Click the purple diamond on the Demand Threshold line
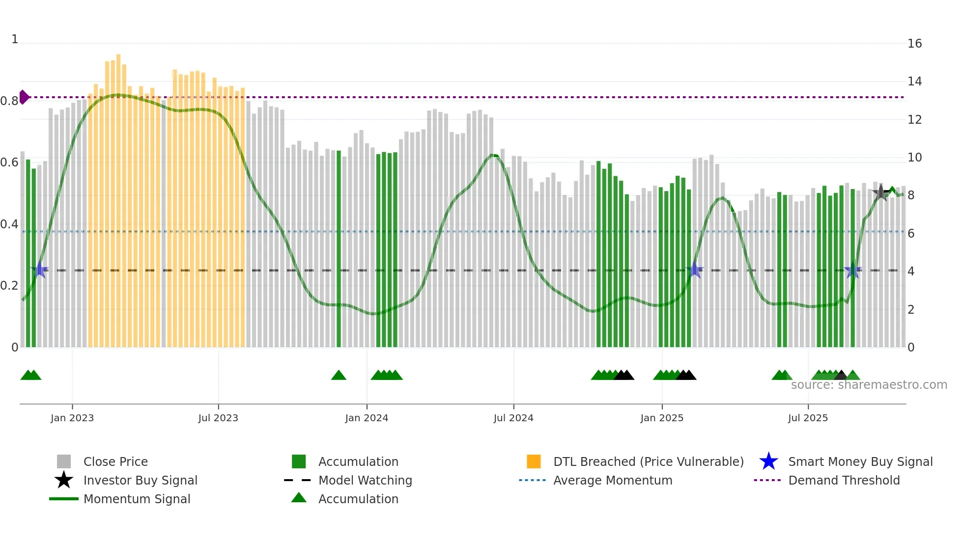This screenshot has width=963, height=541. pyautogui.click(x=24, y=97)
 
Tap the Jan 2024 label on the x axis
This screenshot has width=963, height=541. pyautogui.click(x=367, y=418)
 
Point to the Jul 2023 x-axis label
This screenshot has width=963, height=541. pyautogui.click(x=218, y=418)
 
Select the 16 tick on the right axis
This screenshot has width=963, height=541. pyautogui.click(x=914, y=44)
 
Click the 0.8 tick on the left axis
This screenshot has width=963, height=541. pyautogui.click(x=9, y=101)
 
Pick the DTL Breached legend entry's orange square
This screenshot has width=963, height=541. pyautogui.click(x=534, y=462)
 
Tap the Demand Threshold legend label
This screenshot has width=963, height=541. pyautogui.click(x=844, y=481)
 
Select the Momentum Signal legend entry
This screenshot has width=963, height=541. pyautogui.click(x=137, y=499)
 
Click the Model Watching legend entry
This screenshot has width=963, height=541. pyautogui.click(x=365, y=481)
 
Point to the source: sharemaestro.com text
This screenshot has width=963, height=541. pyautogui.click(x=869, y=385)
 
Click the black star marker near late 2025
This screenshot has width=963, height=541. pyautogui.click(x=880, y=193)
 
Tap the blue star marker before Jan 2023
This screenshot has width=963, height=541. pyautogui.click(x=40, y=270)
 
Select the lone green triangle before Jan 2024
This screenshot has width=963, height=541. pyautogui.click(x=339, y=376)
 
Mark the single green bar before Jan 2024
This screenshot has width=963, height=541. pyautogui.click(x=339, y=248)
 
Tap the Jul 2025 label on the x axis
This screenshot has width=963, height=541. pyautogui.click(x=808, y=418)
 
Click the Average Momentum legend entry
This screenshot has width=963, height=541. pyautogui.click(x=612, y=481)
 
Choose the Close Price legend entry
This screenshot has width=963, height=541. pyautogui.click(x=115, y=462)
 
